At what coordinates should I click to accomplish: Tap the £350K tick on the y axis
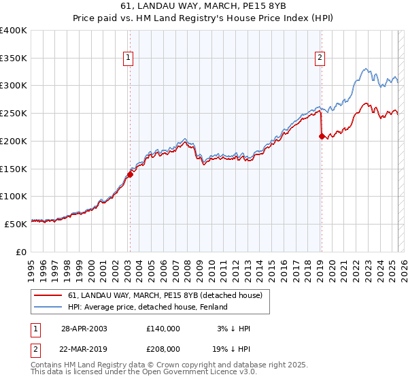(13, 59)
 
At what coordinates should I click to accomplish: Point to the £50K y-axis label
(15, 223)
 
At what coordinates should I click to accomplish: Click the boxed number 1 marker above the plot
(129, 59)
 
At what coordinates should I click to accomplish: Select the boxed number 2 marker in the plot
(320, 59)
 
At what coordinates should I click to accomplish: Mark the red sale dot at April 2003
(129, 173)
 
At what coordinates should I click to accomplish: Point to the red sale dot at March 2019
(321, 136)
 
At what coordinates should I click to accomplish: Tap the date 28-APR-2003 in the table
(84, 329)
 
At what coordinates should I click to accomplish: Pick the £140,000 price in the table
(163, 329)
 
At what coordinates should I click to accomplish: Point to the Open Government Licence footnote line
(144, 372)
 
